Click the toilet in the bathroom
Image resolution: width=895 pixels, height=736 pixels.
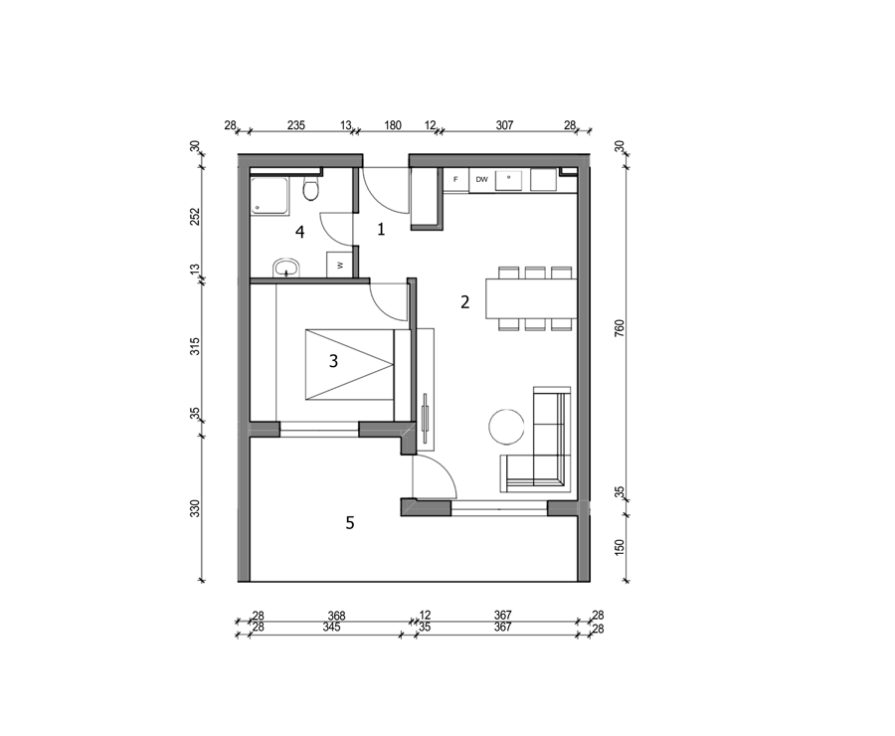pos(310,190)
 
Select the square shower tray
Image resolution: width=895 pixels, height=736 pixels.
pos(269,196)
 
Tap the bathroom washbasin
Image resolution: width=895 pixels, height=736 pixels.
pos(286,268)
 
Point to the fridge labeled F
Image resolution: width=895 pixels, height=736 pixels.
pos(456,180)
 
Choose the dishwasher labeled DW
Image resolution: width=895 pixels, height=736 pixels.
pos(481,180)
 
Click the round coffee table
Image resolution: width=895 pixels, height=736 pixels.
pos(506,427)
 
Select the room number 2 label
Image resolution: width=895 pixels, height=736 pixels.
pos(464,302)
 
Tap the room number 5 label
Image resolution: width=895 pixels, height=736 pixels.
pos(350,522)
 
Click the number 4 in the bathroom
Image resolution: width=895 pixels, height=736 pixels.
pos(299,232)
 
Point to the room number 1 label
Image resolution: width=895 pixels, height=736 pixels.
pos(381,230)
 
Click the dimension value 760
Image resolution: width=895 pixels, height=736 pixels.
pos(620,328)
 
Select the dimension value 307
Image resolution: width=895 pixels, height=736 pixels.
pos(504,125)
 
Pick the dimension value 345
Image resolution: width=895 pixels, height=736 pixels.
pos(331,627)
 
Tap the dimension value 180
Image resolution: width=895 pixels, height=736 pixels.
pos(393,125)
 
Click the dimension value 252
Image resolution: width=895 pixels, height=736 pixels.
pos(195,217)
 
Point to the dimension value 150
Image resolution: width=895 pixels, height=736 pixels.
pos(620,547)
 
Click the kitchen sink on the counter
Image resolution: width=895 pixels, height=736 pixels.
pos(508,180)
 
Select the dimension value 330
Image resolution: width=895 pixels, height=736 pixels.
pos(195,509)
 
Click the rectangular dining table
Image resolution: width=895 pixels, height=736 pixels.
pos(531,298)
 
